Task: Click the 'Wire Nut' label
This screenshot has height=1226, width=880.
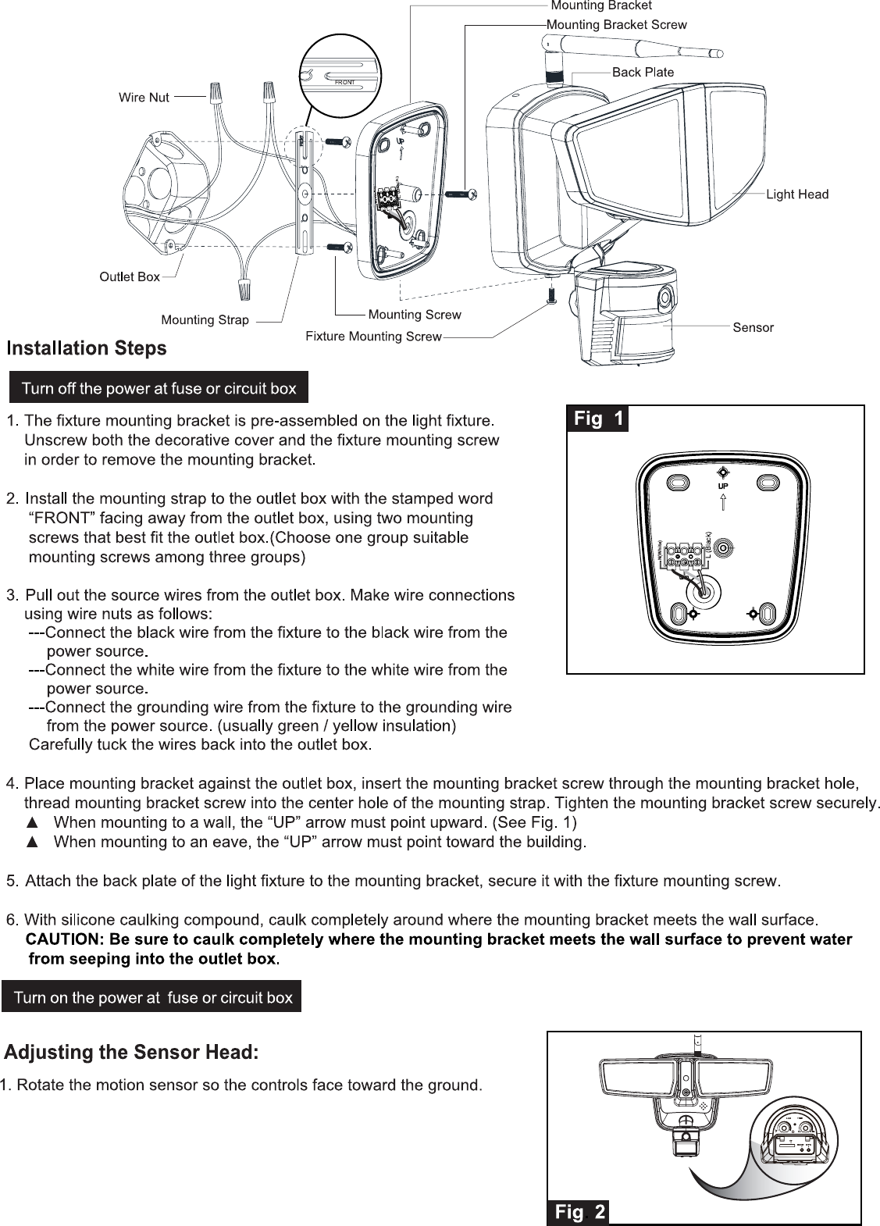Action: tap(144, 98)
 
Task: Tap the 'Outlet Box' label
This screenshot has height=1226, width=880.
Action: tap(130, 276)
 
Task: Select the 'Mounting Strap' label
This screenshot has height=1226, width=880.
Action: tap(205, 320)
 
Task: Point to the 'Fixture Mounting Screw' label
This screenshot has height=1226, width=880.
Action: tap(373, 337)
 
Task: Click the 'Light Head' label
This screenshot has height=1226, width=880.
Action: tap(797, 194)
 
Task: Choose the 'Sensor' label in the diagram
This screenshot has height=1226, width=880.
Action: tap(753, 327)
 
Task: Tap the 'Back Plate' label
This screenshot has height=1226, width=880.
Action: tap(643, 72)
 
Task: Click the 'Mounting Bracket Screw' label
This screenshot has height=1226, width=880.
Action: tap(617, 24)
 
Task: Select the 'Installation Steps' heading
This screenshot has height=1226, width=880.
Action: tap(86, 348)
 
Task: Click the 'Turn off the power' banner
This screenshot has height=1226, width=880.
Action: tap(159, 388)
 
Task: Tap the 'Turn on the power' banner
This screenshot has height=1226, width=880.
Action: tap(152, 997)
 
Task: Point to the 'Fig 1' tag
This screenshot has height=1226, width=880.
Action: tap(597, 419)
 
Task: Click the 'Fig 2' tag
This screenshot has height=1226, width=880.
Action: tap(578, 1212)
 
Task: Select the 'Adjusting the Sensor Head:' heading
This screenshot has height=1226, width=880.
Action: tap(131, 1053)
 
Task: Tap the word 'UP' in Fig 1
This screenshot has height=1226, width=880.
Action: tap(723, 486)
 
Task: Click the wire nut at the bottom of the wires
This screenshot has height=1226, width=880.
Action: tap(245, 289)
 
